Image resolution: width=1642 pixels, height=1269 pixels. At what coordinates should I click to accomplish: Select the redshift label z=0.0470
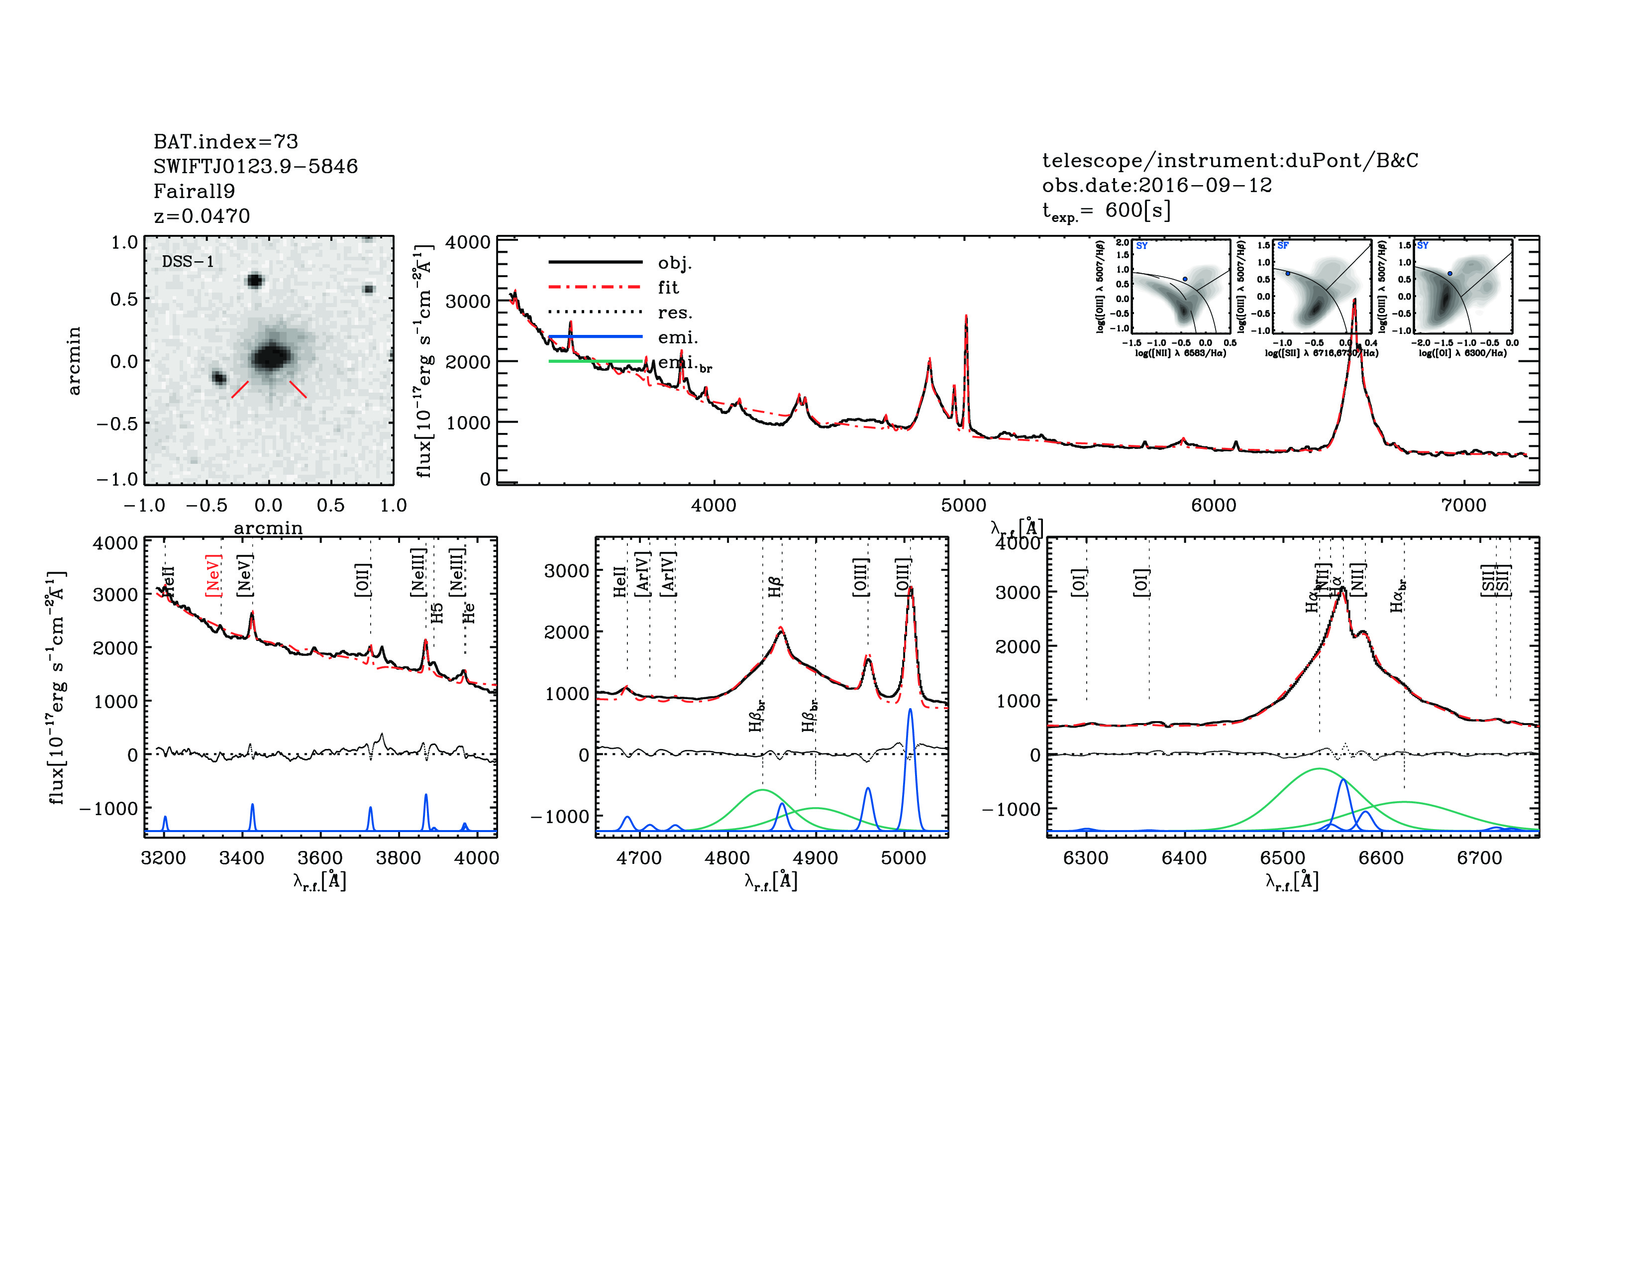[x=202, y=216]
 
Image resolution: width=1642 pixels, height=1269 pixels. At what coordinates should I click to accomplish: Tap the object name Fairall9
[x=194, y=191]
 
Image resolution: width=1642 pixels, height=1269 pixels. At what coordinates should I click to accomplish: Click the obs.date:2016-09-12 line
[x=1156, y=185]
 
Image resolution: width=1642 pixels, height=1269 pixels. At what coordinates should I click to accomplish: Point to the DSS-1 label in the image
[x=188, y=262]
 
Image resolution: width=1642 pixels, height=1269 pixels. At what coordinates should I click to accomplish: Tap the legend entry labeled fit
[x=668, y=287]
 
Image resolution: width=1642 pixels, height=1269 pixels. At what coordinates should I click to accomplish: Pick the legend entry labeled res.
[x=674, y=312]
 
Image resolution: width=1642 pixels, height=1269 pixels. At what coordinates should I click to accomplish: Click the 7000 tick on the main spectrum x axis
[x=1463, y=505]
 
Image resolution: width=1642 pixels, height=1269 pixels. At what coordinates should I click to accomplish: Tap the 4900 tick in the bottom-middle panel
[x=816, y=858]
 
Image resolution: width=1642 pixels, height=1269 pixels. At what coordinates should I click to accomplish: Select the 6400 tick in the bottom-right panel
[x=1184, y=858]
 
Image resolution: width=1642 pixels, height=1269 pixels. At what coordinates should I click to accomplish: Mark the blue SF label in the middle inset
[x=1283, y=246]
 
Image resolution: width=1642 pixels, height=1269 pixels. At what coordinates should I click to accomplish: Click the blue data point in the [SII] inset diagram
[x=1288, y=274]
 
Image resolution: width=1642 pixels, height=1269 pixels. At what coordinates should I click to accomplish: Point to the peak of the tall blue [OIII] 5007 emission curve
[x=910, y=709]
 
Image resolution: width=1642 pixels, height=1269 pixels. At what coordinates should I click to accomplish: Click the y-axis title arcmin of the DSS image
[x=74, y=361]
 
